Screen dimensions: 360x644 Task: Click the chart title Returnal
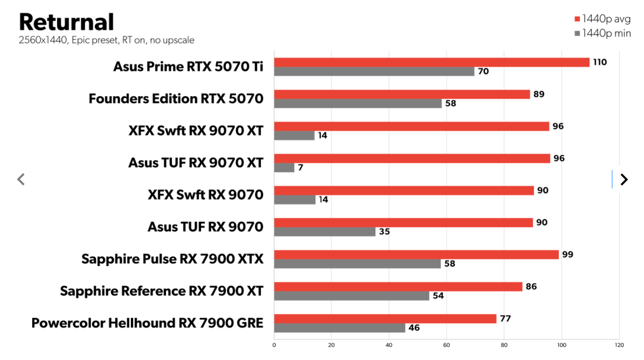66,22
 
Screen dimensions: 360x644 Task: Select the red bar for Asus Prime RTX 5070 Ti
431,62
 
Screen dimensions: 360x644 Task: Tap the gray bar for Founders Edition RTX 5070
358,103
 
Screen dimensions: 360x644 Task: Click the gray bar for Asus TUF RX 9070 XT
284,167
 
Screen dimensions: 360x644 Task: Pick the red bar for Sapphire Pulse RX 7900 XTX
416,254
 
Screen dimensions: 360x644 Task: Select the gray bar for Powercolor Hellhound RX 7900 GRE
339,328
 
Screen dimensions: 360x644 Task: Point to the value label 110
600,62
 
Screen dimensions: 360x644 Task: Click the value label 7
301,168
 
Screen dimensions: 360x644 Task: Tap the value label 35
385,232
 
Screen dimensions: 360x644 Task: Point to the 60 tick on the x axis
446,345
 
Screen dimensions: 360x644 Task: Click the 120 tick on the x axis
619,345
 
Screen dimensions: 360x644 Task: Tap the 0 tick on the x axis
274,345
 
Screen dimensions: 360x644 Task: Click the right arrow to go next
624,180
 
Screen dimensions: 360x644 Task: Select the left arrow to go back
21,180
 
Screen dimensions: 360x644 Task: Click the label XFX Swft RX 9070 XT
196,130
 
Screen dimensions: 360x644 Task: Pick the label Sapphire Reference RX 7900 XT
162,291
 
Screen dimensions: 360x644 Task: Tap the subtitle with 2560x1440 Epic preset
106,40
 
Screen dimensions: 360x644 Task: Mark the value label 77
505,319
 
